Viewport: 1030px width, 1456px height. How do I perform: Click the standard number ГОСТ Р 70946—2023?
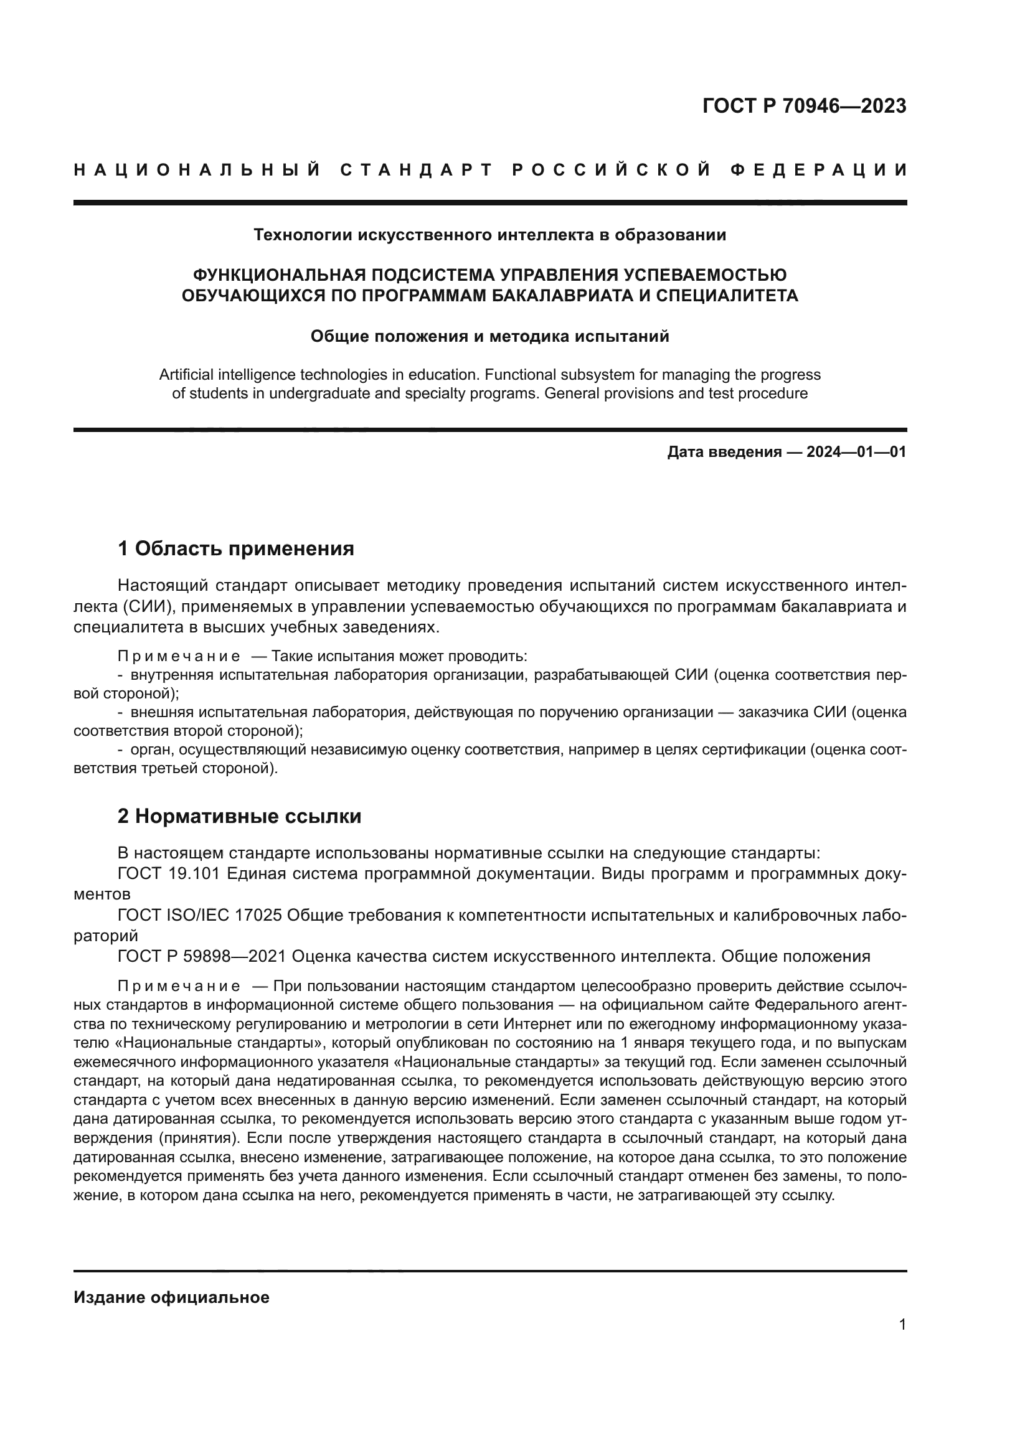(803, 106)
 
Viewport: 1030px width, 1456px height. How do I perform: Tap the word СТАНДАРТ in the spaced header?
(417, 170)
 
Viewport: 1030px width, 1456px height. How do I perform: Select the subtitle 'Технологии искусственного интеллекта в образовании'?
(489, 235)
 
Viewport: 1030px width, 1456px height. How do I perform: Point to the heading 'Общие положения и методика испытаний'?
(489, 336)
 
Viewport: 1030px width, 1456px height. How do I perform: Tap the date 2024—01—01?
(856, 452)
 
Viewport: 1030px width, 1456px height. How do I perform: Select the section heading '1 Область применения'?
(236, 548)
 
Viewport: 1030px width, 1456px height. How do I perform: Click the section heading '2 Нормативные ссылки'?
(239, 816)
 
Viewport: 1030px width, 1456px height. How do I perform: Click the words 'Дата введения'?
(724, 452)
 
